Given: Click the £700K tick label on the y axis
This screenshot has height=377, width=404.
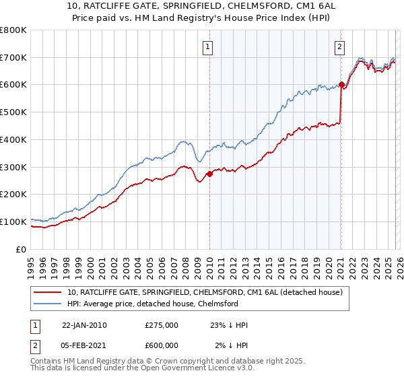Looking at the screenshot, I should click(13, 57).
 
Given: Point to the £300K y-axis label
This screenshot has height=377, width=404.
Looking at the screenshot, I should click(13, 166).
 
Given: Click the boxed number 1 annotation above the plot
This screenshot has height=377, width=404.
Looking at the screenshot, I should click(208, 47).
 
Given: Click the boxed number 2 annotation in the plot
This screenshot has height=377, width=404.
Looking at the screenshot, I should click(339, 47).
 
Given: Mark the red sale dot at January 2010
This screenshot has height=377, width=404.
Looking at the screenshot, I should click(209, 174).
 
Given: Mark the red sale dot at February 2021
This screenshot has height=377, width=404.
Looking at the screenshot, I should click(341, 85).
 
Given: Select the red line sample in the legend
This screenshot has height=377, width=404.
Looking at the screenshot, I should click(48, 292).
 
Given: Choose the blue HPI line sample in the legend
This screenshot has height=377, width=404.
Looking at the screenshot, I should click(48, 304).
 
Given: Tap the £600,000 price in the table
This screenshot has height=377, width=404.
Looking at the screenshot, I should click(162, 345).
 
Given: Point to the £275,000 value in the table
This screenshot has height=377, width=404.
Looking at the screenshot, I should click(162, 325).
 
